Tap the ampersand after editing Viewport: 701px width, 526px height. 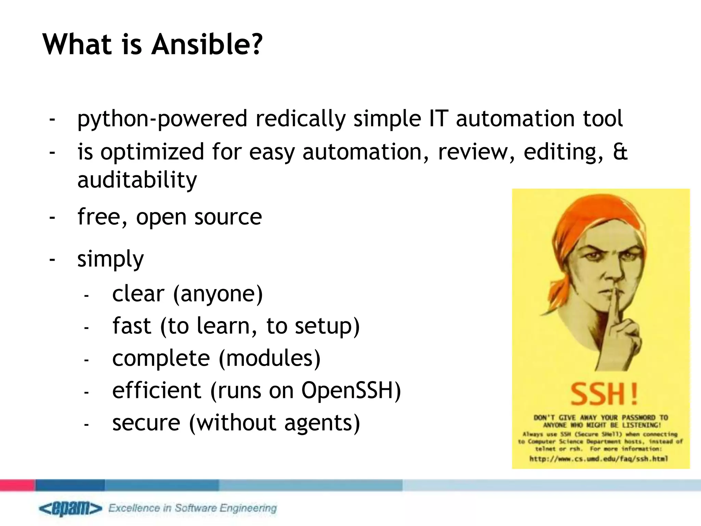pyautogui.click(x=620, y=152)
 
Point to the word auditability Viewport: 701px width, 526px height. pyautogui.click(x=137, y=180)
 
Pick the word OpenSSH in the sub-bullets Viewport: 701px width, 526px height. pyautogui.click(x=351, y=390)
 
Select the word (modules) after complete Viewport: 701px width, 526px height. pyautogui.click(x=270, y=358)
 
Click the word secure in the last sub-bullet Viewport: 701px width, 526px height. pyautogui.click(x=146, y=423)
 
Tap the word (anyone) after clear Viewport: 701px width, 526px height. pyautogui.click(x=218, y=294)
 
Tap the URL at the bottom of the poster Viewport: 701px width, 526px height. pyautogui.click(x=599, y=459)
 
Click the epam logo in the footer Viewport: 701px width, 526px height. pyautogui.click(x=70, y=508)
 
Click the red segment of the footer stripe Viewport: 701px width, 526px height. pyautogui.click(x=17, y=485)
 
